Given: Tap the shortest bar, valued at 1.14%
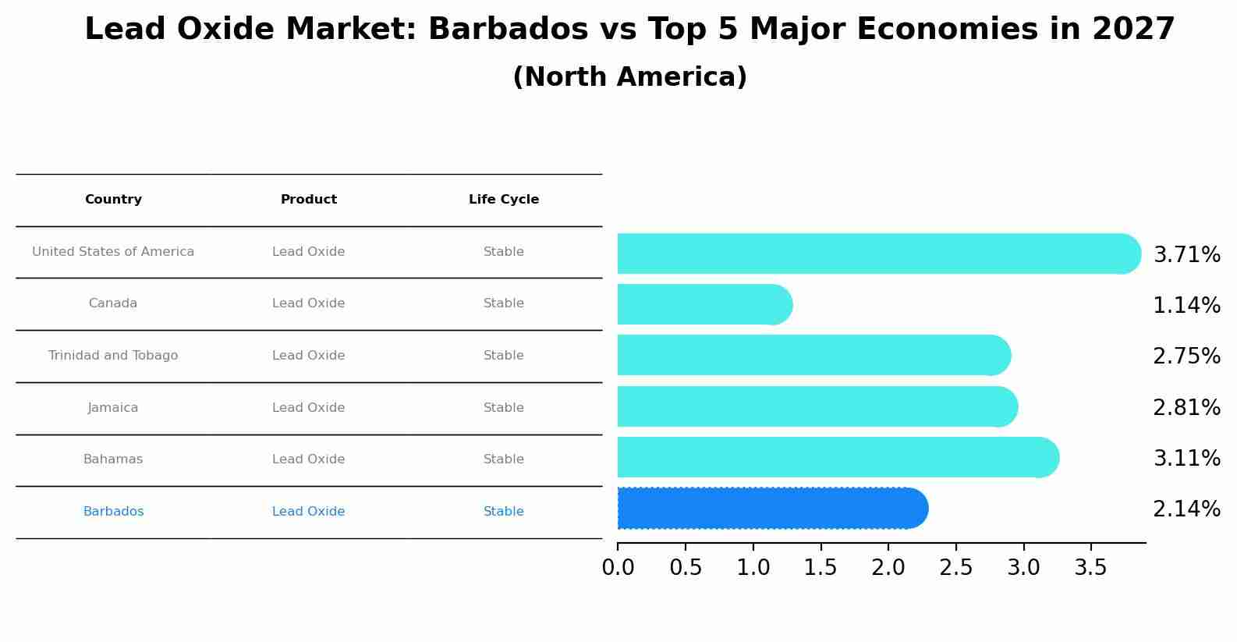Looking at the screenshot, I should click(702, 304).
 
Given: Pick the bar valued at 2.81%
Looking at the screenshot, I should click(815, 406).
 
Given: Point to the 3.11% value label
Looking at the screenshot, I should click(1186, 459).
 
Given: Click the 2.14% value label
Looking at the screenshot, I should click(1186, 509).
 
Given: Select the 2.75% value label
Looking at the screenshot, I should click(1186, 356).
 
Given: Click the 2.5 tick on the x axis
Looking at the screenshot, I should click(955, 568).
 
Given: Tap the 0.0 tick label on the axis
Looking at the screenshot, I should click(618, 568).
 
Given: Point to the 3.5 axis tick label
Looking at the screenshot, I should click(1090, 568).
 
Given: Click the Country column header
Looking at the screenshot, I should click(113, 200).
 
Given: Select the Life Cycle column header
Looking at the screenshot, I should click(504, 200).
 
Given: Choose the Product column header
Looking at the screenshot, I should click(309, 200).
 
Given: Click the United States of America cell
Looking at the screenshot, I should click(113, 252).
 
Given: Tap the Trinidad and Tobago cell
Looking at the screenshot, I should click(113, 356).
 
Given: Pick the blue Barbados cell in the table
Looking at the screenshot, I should click(113, 512).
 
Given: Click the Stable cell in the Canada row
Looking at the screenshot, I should click(504, 303).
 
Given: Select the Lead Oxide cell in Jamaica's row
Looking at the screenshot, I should click(309, 408).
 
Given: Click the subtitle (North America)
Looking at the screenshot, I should click(629, 77).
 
